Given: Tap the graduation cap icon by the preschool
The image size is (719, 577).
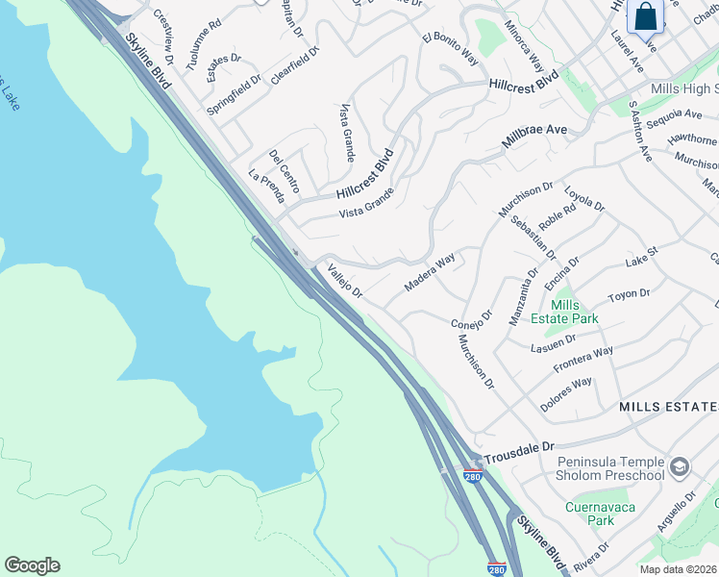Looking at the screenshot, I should coord(680,468).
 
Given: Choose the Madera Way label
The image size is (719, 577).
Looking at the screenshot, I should coord(429,274).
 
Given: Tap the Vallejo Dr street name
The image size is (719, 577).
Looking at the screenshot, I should coord(344,281).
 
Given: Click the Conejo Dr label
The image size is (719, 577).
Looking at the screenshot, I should coord(471,318).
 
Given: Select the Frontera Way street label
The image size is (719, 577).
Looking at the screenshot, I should coord(583,360).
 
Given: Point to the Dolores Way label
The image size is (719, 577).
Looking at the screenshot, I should coord(565,394).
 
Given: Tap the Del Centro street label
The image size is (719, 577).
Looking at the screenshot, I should coord(284,169).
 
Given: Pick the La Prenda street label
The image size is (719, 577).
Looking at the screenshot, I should coord(266,187).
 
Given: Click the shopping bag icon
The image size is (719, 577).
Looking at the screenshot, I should coord(645,16).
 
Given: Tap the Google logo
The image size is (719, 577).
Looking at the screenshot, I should coord(32,565).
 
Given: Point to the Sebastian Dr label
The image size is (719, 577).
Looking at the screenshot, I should coord(533,237).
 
